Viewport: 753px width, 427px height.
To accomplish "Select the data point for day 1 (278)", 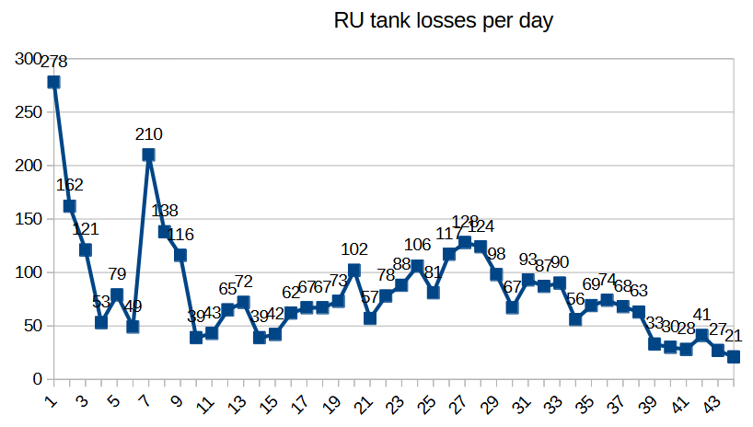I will click(53, 82).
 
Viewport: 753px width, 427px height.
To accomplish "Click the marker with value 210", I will click(148, 155).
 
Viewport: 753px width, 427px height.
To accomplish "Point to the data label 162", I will click(70, 185).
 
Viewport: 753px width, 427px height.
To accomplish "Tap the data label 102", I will click(354, 248).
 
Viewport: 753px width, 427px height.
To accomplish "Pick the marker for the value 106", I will click(417, 266).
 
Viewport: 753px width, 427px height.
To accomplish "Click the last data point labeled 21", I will click(734, 356).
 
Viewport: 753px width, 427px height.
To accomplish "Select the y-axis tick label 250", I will click(29, 112).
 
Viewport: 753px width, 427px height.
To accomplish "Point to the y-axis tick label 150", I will click(29, 219).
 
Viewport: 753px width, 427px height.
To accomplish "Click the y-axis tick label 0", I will click(37, 379).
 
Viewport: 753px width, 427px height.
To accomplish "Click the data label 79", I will click(117, 273).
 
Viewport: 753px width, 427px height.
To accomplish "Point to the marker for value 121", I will click(85, 249).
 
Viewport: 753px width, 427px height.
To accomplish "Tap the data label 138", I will click(165, 211).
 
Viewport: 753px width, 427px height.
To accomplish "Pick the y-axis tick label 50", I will click(32, 326).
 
